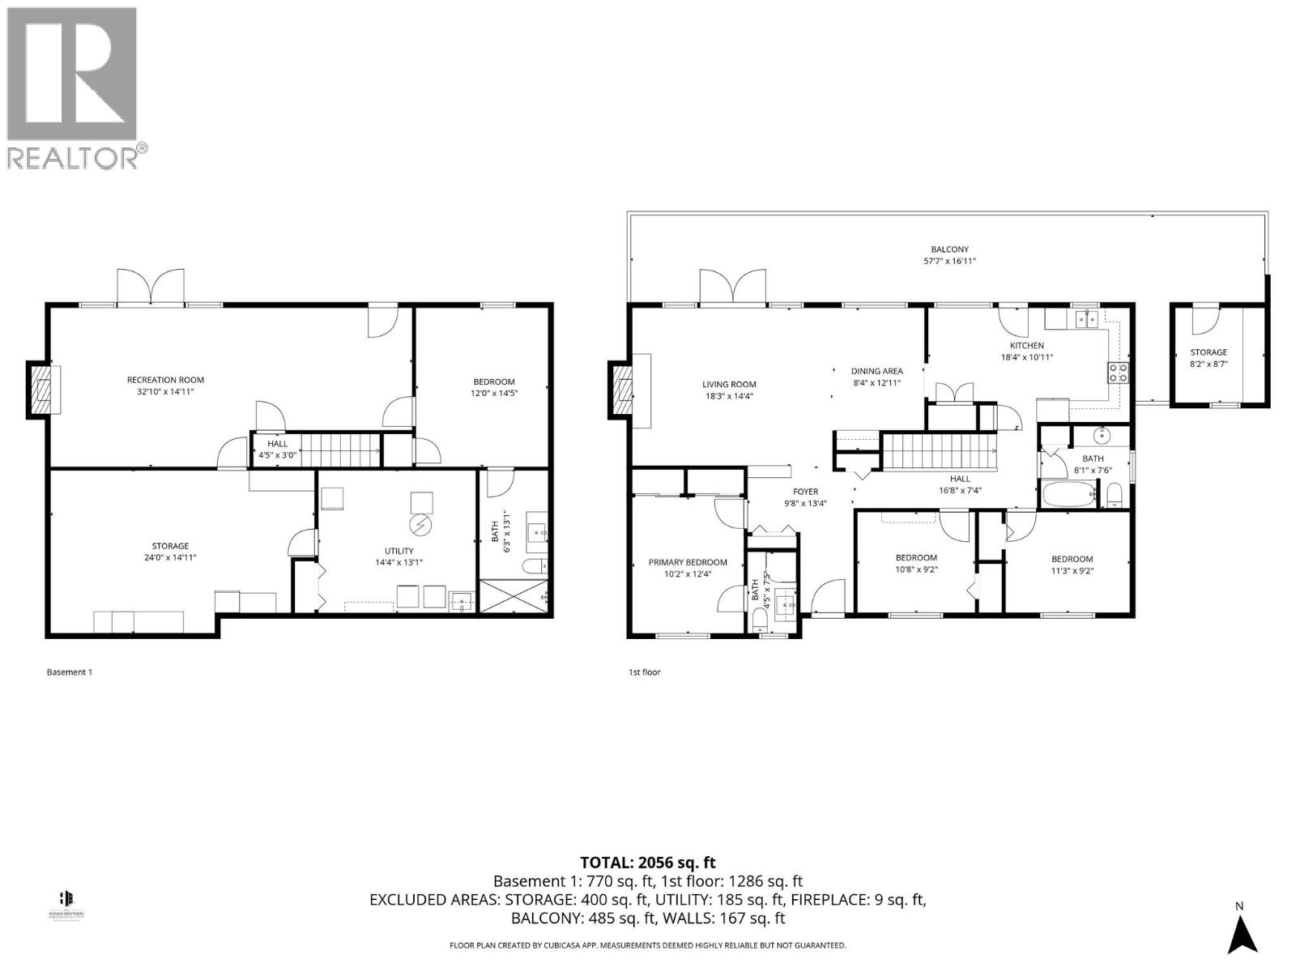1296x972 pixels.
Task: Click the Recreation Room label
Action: tap(165, 380)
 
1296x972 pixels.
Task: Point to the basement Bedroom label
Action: tap(494, 382)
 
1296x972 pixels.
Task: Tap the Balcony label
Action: tap(949, 249)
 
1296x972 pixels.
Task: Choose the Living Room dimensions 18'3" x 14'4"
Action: tap(729, 396)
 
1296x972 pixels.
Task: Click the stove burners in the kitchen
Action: tap(1118, 373)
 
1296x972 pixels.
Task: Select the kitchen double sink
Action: tap(1084, 319)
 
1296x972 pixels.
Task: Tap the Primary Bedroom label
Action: tap(688, 562)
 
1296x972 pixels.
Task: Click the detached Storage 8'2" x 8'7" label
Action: tap(1209, 352)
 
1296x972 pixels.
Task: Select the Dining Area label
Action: tap(876, 371)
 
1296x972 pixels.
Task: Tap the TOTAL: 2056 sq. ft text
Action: tap(648, 863)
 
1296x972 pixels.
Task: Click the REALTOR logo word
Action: tap(73, 156)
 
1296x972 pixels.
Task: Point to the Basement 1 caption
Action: tap(70, 671)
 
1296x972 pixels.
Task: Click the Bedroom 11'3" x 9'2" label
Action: tap(1072, 559)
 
